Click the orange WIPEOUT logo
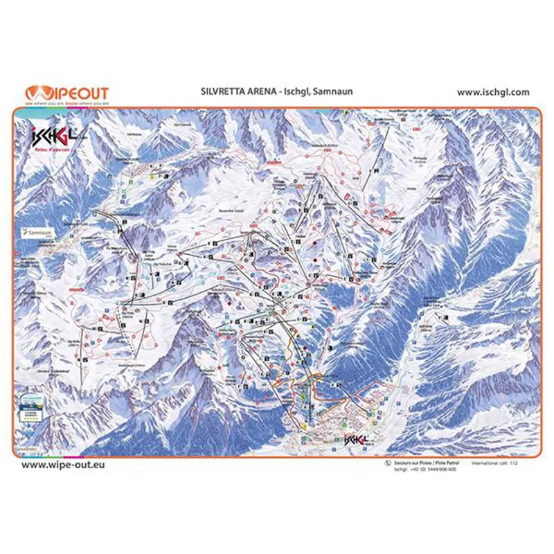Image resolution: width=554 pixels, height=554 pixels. click(x=66, y=92)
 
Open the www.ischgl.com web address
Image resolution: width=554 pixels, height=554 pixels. click(x=493, y=91)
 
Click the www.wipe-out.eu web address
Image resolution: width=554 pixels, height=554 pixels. click(x=64, y=465)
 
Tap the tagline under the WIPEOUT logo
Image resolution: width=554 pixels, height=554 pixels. click(x=66, y=102)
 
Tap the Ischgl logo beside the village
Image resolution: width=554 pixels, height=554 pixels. click(x=355, y=439)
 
